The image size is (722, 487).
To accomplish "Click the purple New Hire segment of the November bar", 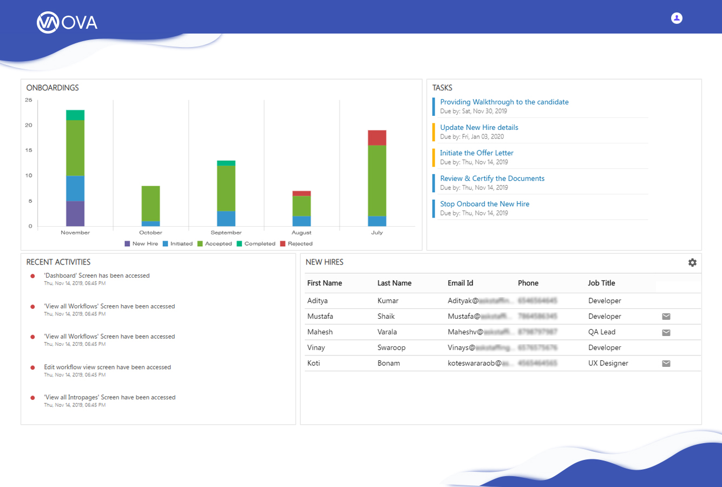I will coord(75,214).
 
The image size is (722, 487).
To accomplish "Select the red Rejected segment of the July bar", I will coord(377,137).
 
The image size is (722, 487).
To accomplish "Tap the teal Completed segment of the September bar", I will coord(226,163).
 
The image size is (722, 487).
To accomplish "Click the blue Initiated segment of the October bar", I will coord(150,223).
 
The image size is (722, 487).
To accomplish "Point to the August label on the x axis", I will coord(301,233).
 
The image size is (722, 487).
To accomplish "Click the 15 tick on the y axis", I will coord(29,150).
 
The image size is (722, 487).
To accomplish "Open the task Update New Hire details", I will coord(479,128).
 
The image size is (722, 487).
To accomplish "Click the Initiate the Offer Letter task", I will coord(476,153).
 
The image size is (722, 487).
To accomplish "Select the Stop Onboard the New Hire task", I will coord(484,204).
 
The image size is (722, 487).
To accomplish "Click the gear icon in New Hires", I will coord(692,262).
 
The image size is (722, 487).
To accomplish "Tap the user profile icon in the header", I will coord(677,18).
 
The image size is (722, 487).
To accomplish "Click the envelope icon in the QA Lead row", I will coord(666,332).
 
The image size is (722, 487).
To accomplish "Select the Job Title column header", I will coord(601,283).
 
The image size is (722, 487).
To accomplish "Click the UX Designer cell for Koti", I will coord(608,363).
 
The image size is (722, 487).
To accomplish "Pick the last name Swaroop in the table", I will coord(391,347).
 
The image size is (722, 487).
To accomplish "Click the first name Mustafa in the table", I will coord(320,316).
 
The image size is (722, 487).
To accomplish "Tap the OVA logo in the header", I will coord(67,22).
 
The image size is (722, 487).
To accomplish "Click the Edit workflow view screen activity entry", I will coord(107,367).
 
